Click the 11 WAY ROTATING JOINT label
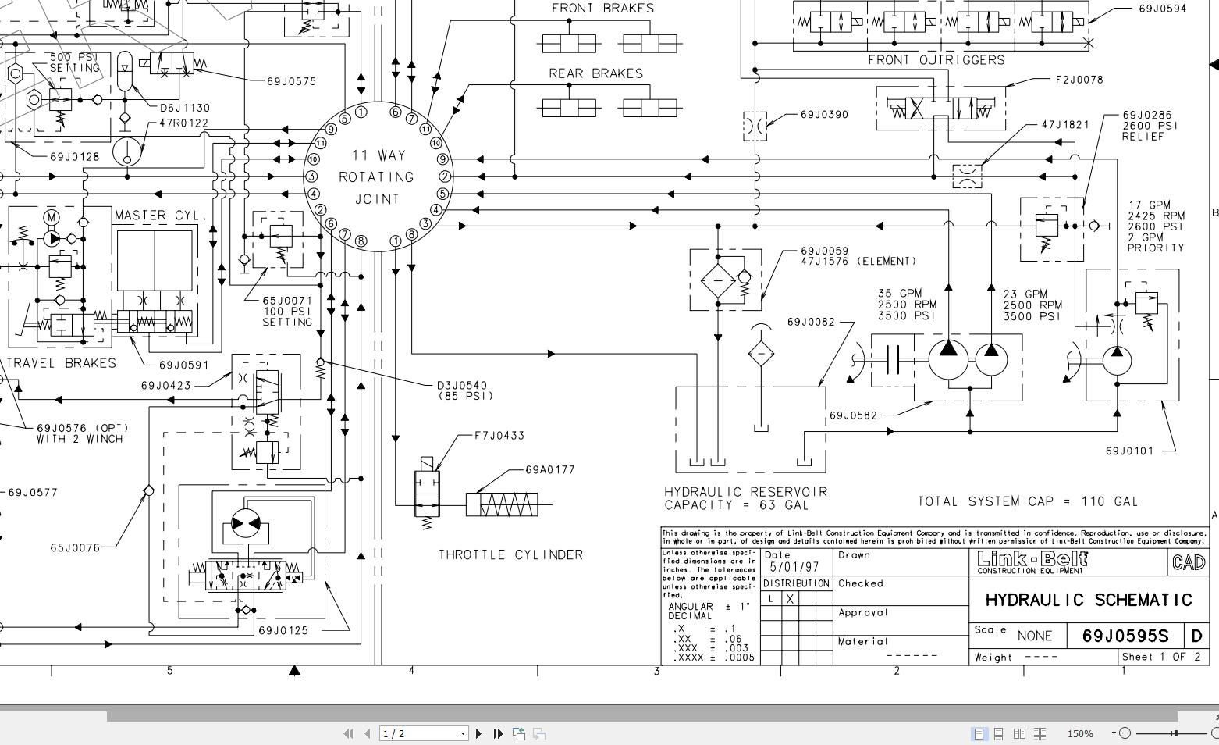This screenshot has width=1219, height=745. (378, 177)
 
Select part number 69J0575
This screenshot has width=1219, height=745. (291, 81)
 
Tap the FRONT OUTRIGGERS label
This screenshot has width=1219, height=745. (936, 60)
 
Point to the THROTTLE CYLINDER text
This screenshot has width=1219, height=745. (510, 555)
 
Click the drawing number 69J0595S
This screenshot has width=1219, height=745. (1125, 636)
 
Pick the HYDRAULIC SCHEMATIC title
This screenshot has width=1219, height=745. (1089, 600)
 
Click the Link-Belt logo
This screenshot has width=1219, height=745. (1032, 561)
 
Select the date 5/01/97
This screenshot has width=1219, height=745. (794, 568)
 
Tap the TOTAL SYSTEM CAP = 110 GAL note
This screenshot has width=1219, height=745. (1027, 501)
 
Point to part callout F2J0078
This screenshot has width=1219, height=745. (1079, 80)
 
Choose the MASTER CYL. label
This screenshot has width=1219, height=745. (162, 216)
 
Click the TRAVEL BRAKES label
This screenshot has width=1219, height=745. (61, 363)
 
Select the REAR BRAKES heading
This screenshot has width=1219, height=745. (595, 73)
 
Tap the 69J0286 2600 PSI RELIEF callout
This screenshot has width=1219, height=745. (1148, 126)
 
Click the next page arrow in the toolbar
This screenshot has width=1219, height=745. (478, 733)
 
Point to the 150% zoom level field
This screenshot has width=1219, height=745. (1081, 733)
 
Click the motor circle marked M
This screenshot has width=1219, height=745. (52, 216)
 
